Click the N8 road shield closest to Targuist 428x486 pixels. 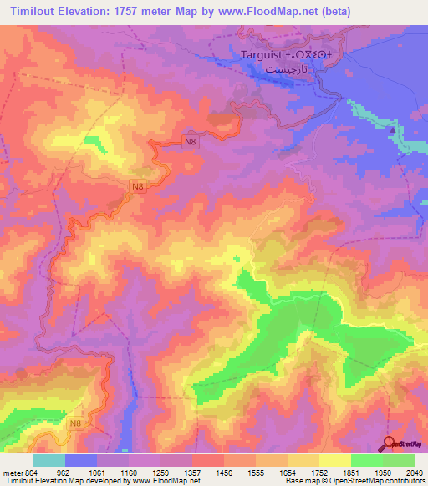(191, 143)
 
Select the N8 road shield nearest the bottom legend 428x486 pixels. (76, 424)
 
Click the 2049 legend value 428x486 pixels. (415, 473)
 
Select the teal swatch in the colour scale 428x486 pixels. (49, 460)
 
